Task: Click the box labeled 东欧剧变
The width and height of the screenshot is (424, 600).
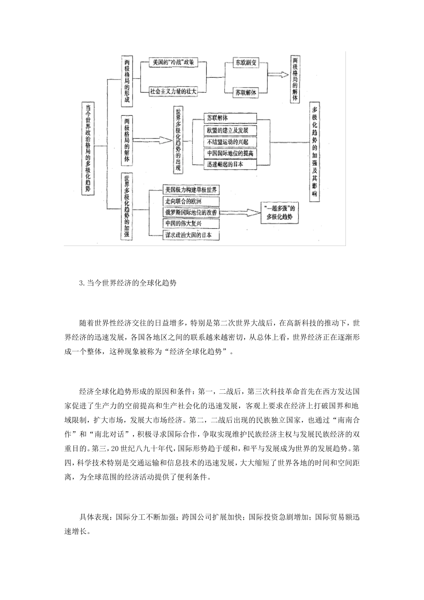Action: [x=246, y=63]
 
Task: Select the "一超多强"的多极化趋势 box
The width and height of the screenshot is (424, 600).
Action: [x=280, y=213]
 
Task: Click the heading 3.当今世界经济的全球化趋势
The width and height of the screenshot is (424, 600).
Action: [x=128, y=283]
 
